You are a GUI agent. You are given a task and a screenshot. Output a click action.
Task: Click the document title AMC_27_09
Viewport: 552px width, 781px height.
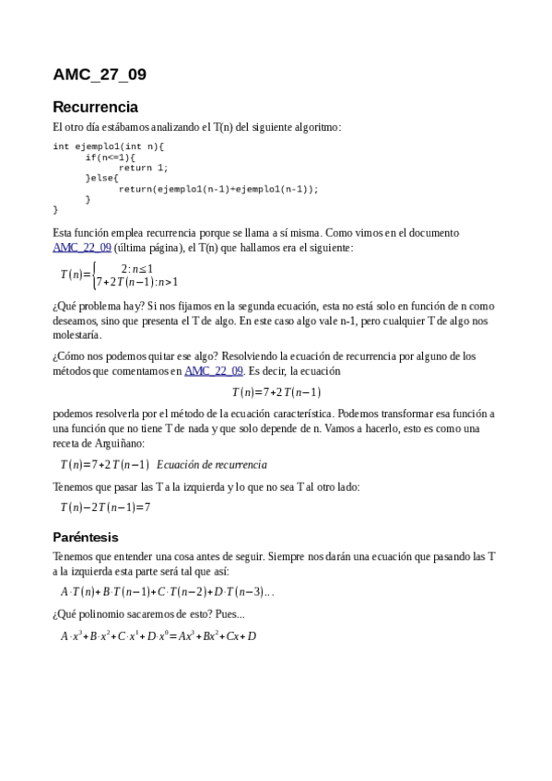pyautogui.click(x=100, y=75)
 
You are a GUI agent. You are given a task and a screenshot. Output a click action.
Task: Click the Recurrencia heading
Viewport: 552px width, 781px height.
pyautogui.click(x=95, y=106)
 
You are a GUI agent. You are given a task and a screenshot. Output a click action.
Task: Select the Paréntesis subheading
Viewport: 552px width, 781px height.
pyautogui.click(x=86, y=537)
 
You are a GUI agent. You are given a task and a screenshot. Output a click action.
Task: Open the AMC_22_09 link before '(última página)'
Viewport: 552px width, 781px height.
pyautogui.click(x=82, y=248)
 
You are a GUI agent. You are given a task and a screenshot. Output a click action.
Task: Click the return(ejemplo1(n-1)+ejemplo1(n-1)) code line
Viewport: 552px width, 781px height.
pyautogui.click(x=217, y=189)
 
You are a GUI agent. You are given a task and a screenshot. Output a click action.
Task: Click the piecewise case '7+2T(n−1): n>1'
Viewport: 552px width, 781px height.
pyautogui.click(x=137, y=283)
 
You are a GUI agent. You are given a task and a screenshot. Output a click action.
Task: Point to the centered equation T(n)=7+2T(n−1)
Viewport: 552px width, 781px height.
pyautogui.click(x=276, y=392)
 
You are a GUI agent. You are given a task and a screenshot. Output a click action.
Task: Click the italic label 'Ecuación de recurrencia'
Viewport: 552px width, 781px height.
pyautogui.click(x=212, y=464)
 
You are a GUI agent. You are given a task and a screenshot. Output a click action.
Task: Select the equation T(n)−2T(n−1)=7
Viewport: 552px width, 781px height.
pyautogui.click(x=105, y=507)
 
